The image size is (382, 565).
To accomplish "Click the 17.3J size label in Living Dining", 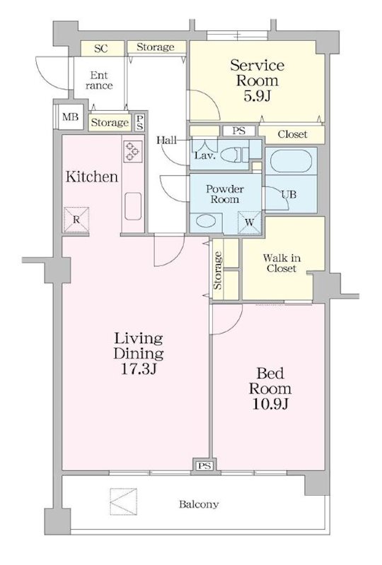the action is (x=138, y=369).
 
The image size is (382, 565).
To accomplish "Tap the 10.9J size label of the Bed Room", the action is (x=270, y=404).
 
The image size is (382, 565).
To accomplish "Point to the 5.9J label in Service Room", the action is (x=257, y=96).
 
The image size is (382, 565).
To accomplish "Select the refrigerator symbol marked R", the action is (x=76, y=219).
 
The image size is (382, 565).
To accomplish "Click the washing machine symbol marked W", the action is (x=250, y=222).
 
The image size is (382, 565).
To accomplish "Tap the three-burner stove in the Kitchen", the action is (x=133, y=151).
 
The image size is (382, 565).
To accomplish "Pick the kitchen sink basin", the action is (x=133, y=206).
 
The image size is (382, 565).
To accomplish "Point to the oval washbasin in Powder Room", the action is (x=206, y=222).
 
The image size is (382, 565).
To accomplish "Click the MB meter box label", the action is (x=70, y=117).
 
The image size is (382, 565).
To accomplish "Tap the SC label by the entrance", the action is (x=100, y=49).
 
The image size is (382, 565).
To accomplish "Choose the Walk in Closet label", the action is (x=282, y=263).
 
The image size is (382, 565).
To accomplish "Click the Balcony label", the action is (x=199, y=504).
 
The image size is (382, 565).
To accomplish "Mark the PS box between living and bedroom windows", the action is (x=204, y=466).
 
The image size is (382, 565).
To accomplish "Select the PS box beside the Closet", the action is (x=238, y=131).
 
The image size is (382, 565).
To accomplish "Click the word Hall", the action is (x=166, y=140).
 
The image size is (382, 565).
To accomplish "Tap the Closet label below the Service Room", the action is (x=292, y=134).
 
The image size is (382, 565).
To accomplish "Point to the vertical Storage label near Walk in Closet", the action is (x=217, y=270).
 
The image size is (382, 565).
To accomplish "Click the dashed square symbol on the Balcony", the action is (x=124, y=501).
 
